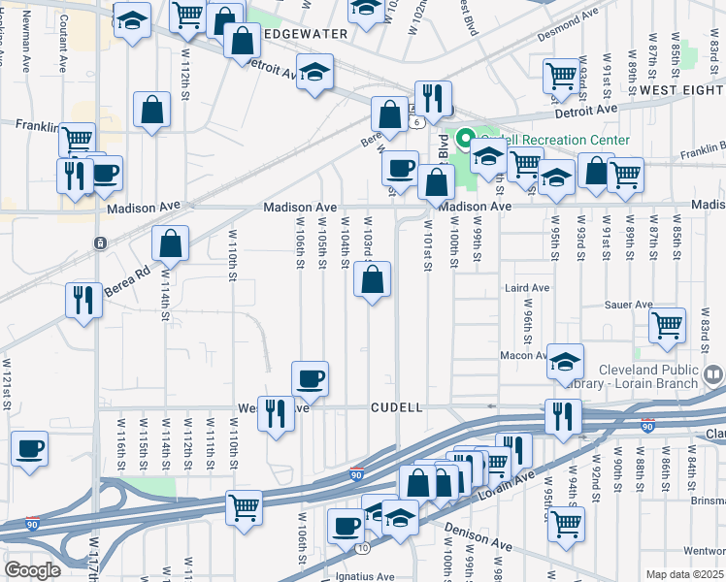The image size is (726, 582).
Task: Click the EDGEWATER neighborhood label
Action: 304,33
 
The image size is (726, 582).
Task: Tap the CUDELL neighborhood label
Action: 396,408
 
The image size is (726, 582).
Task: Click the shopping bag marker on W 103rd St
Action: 373,281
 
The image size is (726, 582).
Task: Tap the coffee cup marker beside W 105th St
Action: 310,379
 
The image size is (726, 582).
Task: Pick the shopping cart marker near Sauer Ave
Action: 666,327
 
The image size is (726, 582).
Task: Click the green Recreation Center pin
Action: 465,139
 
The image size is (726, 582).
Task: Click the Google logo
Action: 32,570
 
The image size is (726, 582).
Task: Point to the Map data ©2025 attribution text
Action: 684,574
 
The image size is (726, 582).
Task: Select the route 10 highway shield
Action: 363,548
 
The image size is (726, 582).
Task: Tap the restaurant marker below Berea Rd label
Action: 83,300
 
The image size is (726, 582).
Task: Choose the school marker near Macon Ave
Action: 565,362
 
